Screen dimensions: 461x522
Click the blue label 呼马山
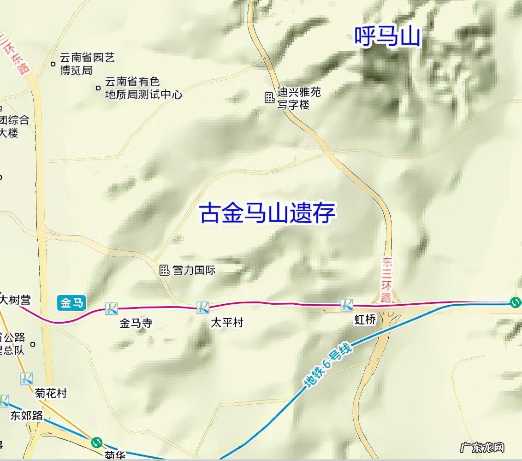click(x=387, y=36)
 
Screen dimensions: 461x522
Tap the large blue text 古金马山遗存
click(x=267, y=214)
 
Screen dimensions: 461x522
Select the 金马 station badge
click(x=72, y=303)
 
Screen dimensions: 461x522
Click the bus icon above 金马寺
click(x=111, y=308)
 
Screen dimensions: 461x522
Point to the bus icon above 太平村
click(x=203, y=307)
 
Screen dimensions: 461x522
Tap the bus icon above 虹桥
click(x=347, y=304)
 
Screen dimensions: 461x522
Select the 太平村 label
click(x=226, y=322)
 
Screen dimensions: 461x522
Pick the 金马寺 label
click(x=136, y=323)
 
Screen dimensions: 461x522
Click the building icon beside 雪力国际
click(x=165, y=270)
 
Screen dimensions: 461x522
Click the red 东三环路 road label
click(x=386, y=279)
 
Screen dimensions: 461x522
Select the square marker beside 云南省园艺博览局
click(x=53, y=64)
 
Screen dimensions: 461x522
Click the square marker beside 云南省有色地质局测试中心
click(x=98, y=88)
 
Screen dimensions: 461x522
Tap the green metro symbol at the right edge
click(x=515, y=302)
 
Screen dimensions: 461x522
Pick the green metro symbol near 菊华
click(x=96, y=443)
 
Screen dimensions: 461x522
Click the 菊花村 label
click(x=51, y=393)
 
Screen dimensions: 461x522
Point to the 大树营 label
click(x=15, y=300)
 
